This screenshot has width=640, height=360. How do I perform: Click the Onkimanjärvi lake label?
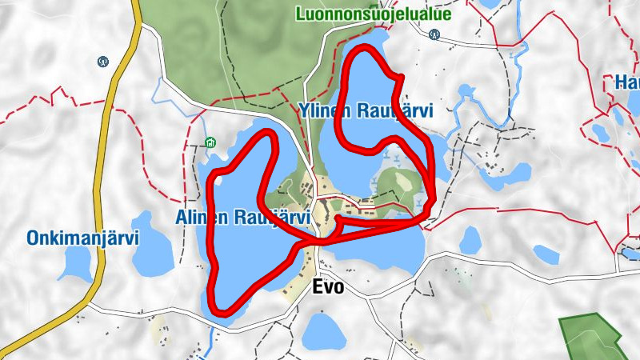tap(83, 238)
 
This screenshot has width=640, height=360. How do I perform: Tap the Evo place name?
tap(328, 286)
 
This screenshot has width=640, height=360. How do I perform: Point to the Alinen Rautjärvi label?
tap(242, 218)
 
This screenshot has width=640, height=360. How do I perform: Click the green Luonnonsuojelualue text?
tap(373, 14)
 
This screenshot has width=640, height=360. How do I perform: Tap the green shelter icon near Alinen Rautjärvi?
tap(210, 143)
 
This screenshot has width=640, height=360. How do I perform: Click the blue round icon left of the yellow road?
tap(102, 61)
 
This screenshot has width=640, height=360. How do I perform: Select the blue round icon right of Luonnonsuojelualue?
tap(434, 34)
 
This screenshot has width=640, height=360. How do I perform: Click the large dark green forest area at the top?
tap(240, 48)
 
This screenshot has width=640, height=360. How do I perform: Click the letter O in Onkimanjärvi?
tap(33, 238)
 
